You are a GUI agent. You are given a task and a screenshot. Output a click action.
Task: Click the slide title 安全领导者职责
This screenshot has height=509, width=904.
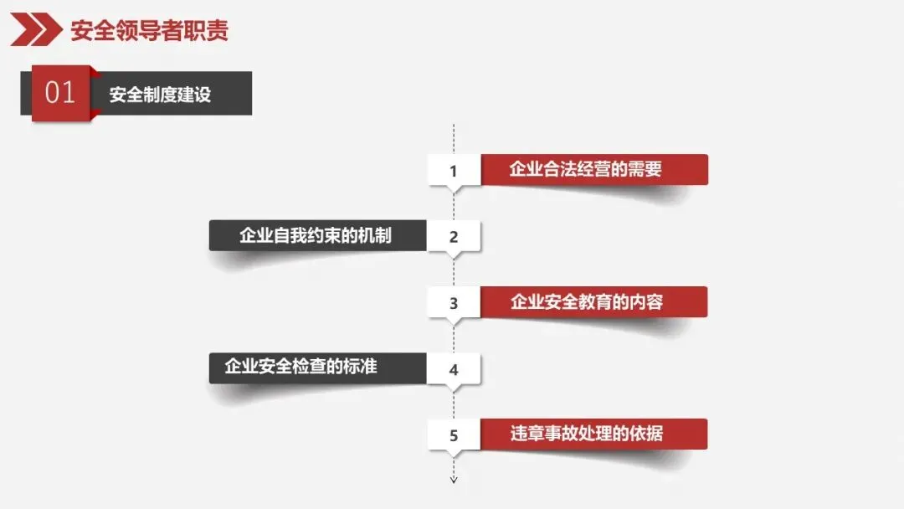(149, 31)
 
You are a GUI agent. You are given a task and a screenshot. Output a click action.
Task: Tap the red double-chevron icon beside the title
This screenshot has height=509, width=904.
(36, 31)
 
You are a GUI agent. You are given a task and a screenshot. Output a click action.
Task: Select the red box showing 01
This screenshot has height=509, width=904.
(60, 93)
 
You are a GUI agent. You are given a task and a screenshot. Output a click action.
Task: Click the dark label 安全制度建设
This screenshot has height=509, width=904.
(160, 94)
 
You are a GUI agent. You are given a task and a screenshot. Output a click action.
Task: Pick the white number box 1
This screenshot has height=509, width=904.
(454, 171)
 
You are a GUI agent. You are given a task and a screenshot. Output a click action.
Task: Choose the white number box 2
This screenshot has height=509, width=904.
(454, 236)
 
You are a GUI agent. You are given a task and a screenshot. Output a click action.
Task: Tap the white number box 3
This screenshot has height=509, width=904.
(454, 303)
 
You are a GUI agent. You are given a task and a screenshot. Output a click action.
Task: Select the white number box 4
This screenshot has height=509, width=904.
(454, 369)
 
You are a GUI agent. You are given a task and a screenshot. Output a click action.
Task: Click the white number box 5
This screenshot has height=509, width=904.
(454, 435)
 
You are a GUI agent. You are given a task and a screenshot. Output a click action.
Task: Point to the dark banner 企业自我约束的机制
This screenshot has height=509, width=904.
(316, 235)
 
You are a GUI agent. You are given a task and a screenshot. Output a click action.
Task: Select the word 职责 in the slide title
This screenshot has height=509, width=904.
(208, 31)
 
